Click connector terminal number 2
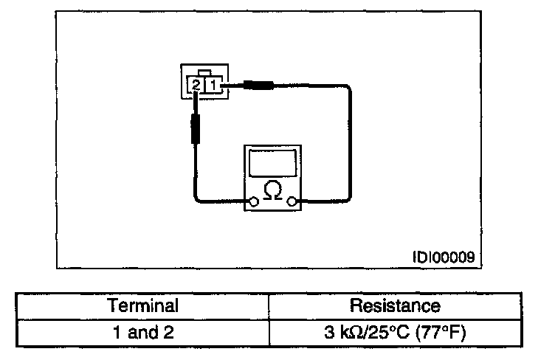196,86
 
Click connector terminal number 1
212,86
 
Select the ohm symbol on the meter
272,190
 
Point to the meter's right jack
293,201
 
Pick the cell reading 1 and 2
143,333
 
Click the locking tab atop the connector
209,72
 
